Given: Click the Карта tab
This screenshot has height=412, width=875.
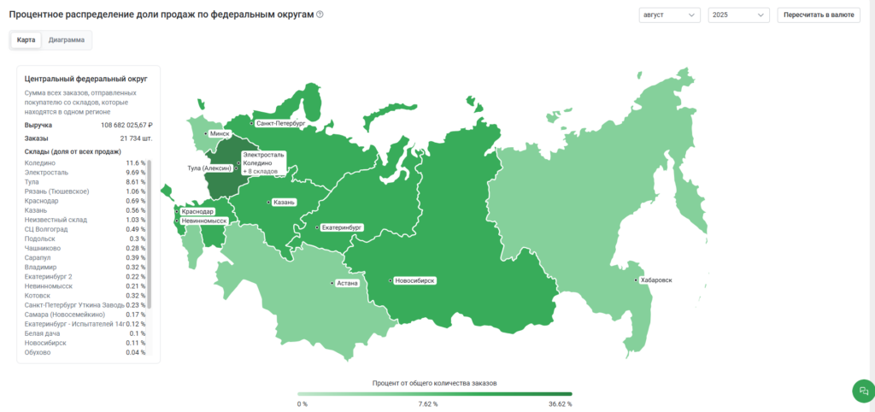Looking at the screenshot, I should (x=26, y=40).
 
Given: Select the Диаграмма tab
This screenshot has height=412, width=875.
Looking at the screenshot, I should (x=67, y=40).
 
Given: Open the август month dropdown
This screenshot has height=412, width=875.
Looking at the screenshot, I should (x=669, y=15).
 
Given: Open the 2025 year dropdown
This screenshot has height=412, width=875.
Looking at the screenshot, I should (x=738, y=15).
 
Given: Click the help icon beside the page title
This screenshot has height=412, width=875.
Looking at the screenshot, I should (x=320, y=15).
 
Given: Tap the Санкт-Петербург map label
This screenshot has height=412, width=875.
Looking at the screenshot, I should (x=279, y=124).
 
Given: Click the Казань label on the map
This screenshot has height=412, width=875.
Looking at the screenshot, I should (x=284, y=203).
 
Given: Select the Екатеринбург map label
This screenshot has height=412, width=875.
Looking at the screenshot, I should (x=342, y=228).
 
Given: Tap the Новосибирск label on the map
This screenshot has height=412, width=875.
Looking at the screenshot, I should (x=415, y=280).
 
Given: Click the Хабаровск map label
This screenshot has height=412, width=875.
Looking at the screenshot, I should (x=655, y=280).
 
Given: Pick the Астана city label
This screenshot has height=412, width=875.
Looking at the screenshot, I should (x=347, y=283).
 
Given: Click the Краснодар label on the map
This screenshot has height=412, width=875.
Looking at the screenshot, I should (x=197, y=211).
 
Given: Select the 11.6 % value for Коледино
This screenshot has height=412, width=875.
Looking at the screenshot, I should (x=136, y=162).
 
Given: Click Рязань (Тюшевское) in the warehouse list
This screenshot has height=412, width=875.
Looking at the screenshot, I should (x=57, y=191).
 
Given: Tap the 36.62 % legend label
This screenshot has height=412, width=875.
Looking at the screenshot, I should (x=560, y=403).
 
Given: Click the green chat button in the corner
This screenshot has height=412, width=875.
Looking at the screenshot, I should (x=861, y=391).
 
